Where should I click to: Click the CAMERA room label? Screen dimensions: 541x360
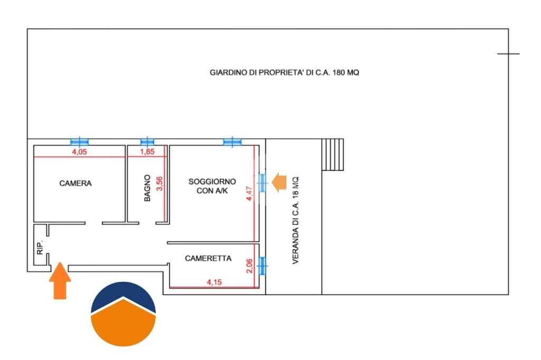75,184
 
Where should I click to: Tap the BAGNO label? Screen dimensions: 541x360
147,188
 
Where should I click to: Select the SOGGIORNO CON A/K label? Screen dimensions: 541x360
212,186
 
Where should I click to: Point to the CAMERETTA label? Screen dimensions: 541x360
208,258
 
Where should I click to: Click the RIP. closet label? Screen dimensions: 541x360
40,247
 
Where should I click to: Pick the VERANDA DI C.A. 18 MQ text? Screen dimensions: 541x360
295,221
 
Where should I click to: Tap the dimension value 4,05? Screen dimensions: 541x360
79,151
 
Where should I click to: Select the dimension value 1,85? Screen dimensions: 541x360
147,151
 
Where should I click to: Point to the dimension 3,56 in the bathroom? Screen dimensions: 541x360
160,184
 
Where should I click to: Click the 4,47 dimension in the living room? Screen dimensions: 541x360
249,193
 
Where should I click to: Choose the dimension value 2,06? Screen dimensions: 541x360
249,266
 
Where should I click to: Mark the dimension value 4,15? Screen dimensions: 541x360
214,282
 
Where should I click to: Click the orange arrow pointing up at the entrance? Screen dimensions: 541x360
60,280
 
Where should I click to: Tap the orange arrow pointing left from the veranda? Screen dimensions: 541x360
279,183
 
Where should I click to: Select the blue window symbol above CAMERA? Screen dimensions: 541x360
80,141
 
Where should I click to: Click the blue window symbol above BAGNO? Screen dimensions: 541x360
147,141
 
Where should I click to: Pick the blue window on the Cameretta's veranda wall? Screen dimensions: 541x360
263,266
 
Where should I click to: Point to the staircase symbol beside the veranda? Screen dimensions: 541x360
333,155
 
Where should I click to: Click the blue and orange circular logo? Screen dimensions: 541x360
123,314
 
